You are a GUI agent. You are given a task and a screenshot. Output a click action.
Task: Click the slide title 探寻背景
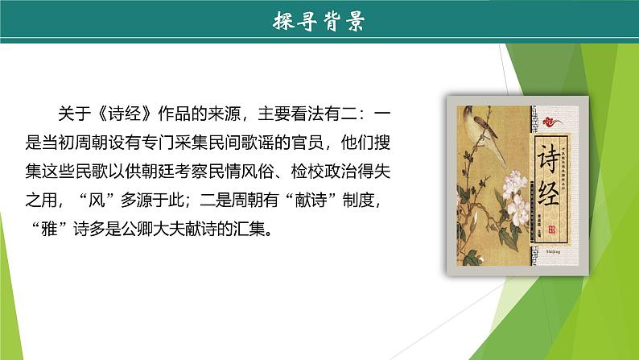point(319,22)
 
